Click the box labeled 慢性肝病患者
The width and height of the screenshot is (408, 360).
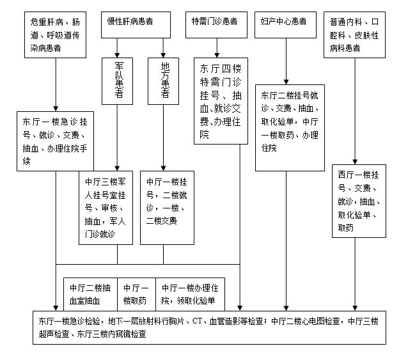(x=136, y=25)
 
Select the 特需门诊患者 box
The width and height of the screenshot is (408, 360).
(x=216, y=25)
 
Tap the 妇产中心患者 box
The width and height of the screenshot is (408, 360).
(x=285, y=25)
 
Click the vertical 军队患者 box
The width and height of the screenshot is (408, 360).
(x=117, y=81)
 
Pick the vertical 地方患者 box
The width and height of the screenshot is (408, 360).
(x=164, y=81)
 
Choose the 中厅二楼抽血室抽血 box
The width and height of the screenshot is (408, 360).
(x=90, y=294)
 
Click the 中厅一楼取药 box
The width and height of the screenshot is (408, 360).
(x=136, y=294)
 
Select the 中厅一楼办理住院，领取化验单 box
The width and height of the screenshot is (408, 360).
(x=190, y=294)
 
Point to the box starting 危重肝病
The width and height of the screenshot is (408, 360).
(x=55, y=35)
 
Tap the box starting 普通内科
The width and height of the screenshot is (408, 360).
(x=354, y=35)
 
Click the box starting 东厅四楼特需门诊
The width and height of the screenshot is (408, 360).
(x=221, y=101)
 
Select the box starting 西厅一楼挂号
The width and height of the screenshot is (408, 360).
(x=359, y=201)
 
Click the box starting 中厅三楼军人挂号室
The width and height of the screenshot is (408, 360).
(x=106, y=208)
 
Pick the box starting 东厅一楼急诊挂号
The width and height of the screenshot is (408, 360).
(x=55, y=141)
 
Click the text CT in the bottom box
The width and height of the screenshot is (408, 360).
(x=197, y=321)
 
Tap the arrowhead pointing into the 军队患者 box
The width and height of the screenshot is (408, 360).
(x=117, y=56)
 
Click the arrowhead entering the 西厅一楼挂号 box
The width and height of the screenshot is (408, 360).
(x=355, y=162)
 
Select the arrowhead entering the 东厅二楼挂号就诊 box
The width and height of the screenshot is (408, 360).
(x=286, y=82)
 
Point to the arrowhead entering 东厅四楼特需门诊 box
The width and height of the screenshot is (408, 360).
(x=217, y=56)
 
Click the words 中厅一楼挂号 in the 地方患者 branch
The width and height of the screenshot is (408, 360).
(x=167, y=182)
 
